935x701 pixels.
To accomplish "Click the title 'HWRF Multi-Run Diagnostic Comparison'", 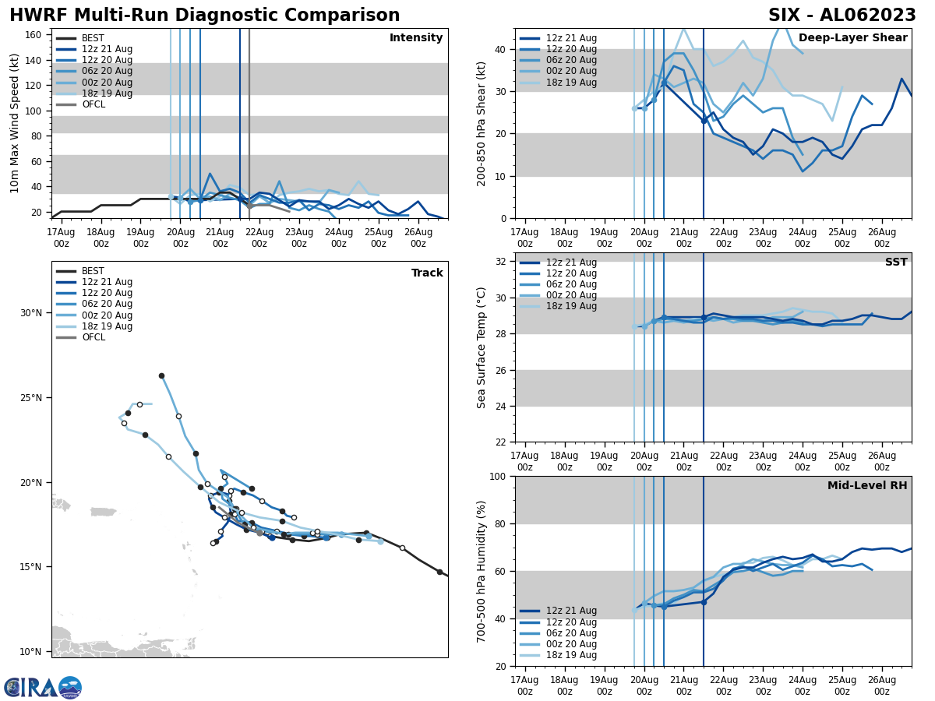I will click(204, 16).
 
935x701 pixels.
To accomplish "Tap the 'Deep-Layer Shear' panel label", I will click(852, 38).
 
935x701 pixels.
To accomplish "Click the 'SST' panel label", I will click(895, 262).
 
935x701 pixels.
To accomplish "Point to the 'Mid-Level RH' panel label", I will click(866, 486).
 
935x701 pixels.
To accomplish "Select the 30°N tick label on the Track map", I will click(31, 313).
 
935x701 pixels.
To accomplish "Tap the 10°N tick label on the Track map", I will click(31, 652).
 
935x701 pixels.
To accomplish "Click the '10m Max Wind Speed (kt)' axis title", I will click(14, 123).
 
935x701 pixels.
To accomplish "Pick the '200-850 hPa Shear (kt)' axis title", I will click(482, 123).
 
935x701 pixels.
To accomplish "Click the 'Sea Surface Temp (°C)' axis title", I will click(482, 347).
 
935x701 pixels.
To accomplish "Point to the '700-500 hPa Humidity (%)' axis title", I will click(482, 571).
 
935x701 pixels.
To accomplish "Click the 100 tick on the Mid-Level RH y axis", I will click(496, 476).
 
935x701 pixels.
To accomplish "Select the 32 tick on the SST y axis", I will click(501, 262).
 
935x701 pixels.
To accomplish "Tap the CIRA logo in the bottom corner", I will click(42, 687).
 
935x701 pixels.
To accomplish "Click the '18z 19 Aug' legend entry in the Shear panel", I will click(571, 83).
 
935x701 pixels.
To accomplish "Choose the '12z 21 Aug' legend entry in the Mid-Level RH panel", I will click(571, 611).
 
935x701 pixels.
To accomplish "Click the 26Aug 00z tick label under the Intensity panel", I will click(418, 238).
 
